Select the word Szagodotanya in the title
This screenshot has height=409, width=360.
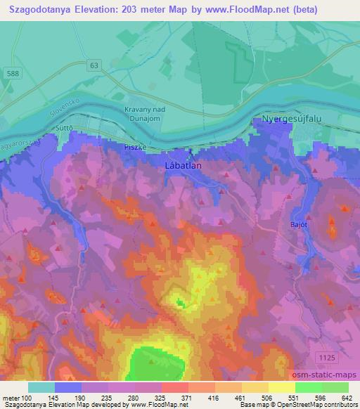45,9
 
